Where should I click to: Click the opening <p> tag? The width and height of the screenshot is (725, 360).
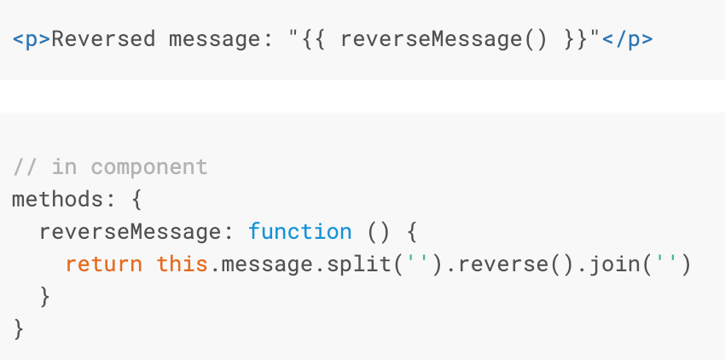[32, 39]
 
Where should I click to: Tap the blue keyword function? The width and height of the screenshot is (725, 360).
[299, 231]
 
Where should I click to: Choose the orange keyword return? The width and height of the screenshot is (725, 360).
[103, 264]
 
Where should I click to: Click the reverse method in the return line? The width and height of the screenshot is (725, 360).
[496, 264]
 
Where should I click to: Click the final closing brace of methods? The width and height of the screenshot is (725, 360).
[19, 328]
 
